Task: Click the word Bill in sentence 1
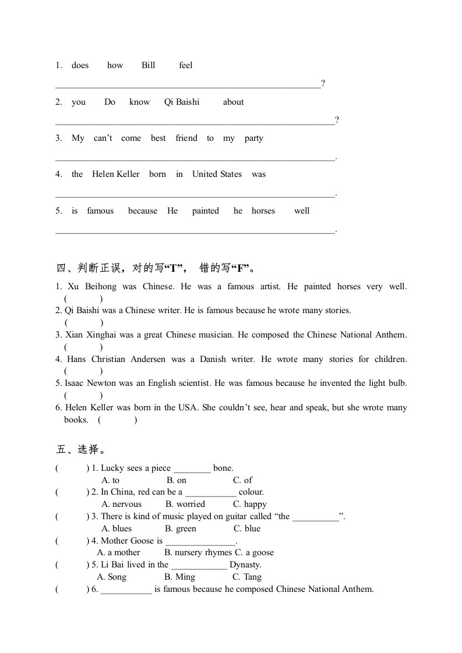(x=149, y=65)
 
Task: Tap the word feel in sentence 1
(x=186, y=65)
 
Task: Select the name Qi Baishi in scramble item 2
(x=182, y=102)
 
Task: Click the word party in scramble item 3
(x=254, y=139)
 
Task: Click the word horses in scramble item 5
(x=263, y=211)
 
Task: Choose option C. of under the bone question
(x=242, y=480)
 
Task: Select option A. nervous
(x=121, y=504)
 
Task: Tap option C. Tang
(x=247, y=577)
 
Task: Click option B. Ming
(x=180, y=577)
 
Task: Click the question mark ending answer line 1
(x=323, y=84)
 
